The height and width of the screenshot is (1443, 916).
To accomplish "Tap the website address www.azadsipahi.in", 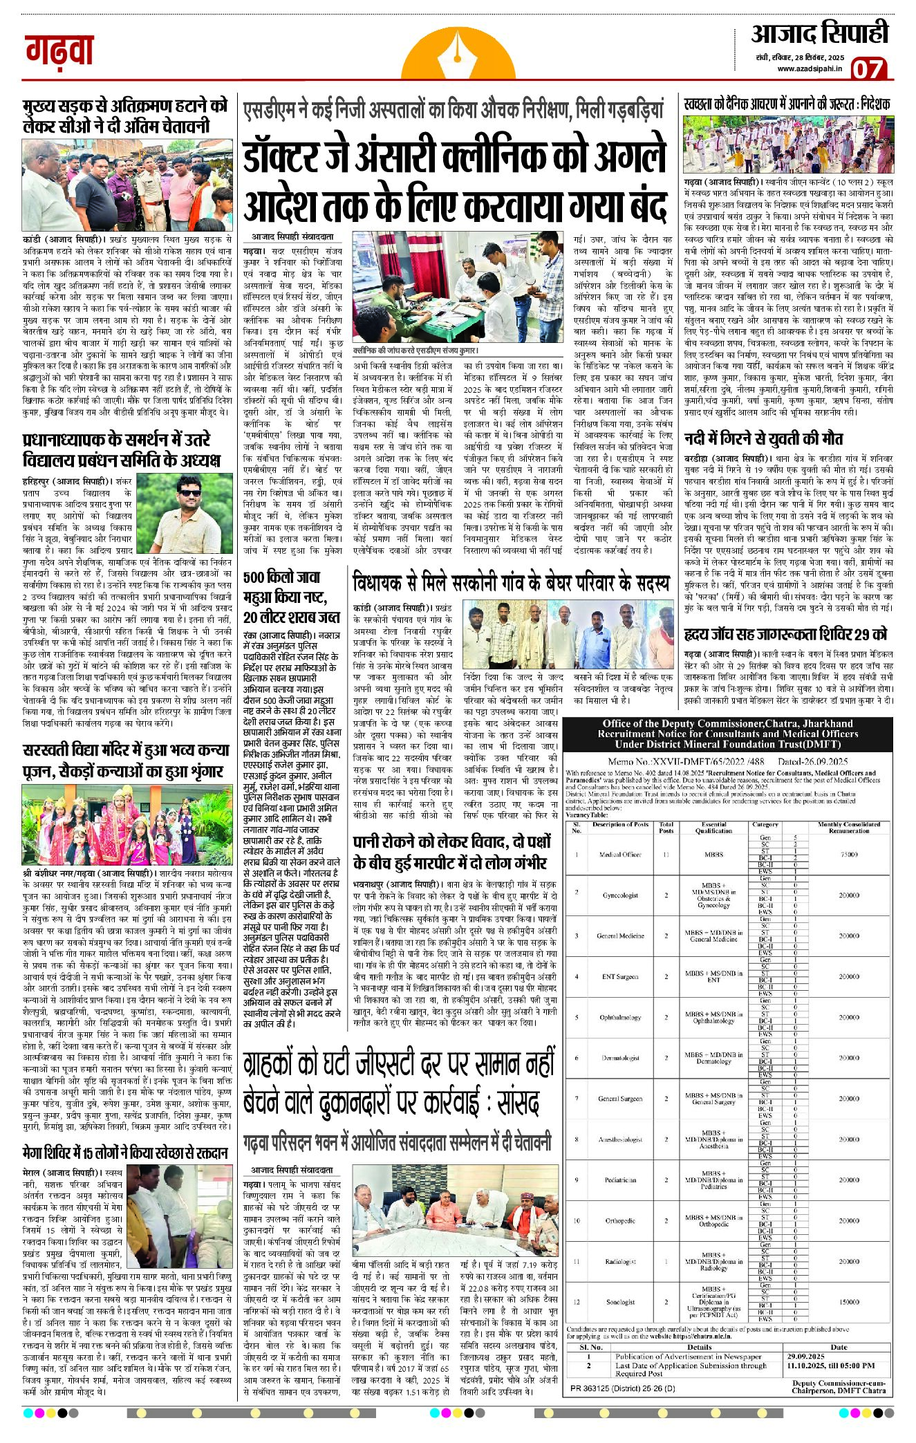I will [x=809, y=68].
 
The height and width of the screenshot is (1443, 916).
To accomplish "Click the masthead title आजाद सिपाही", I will [x=820, y=33].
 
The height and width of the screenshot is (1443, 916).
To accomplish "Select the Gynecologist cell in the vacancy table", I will [x=620, y=895].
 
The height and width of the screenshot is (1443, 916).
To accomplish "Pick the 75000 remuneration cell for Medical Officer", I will [x=849, y=854].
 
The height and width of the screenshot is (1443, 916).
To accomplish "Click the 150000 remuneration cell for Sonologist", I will [x=849, y=1302].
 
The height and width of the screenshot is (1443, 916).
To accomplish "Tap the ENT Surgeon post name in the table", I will [x=620, y=976].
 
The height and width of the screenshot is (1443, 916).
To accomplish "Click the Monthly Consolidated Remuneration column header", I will [x=849, y=827].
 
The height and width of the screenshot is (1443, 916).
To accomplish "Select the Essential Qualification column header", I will [x=713, y=827].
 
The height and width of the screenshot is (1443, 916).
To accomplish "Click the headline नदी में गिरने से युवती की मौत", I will [x=763, y=438].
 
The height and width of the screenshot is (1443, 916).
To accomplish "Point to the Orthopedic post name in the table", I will [x=620, y=1220].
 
